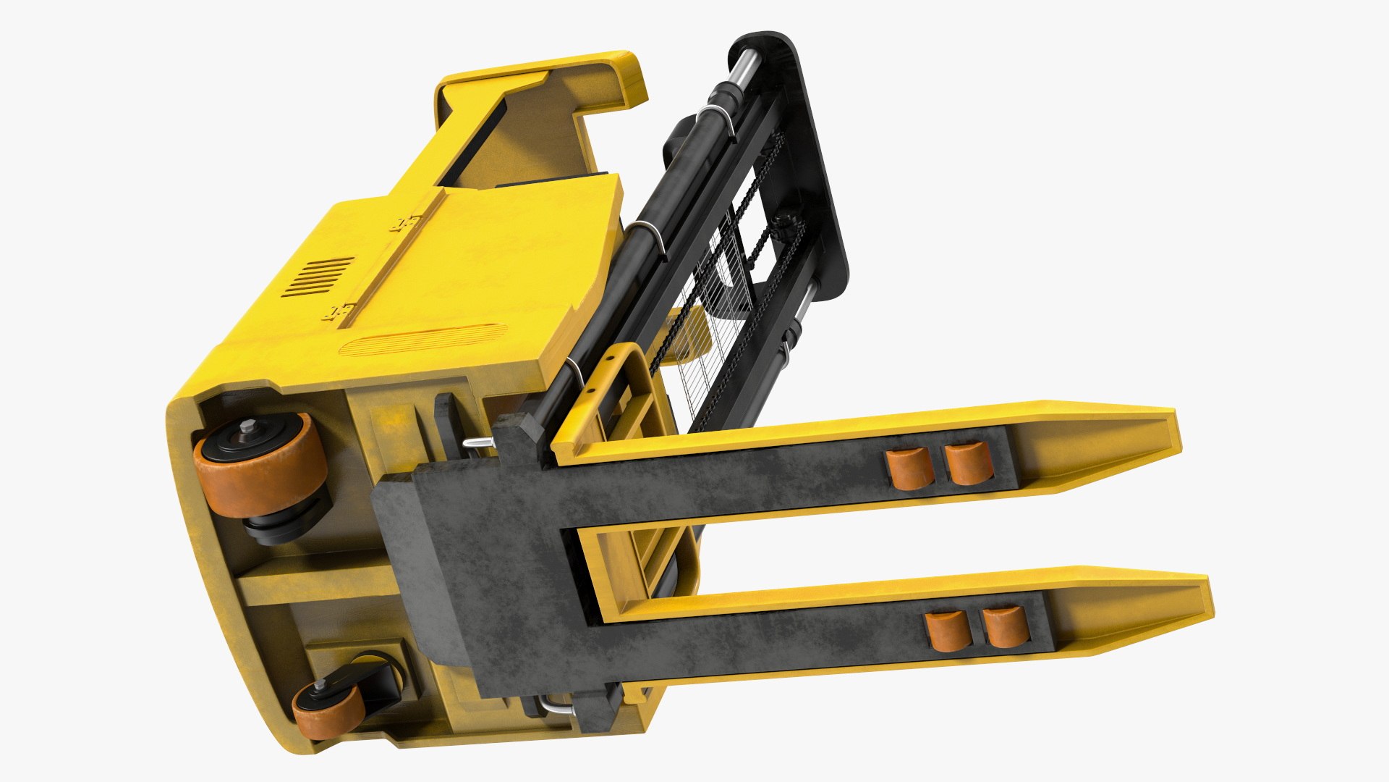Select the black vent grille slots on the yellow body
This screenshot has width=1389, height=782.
pos(318,277)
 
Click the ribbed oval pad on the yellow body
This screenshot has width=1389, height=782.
pos(420,340)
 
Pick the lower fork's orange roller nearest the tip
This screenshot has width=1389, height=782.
pos(1006,627)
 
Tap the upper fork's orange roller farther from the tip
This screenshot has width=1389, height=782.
pos(910,468)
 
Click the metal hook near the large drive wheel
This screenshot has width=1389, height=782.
pos(477,443)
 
